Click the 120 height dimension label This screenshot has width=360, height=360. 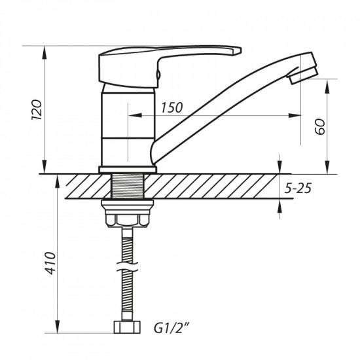click(37, 111)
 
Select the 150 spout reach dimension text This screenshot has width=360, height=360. click(171, 108)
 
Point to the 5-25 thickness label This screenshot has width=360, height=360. click(298, 189)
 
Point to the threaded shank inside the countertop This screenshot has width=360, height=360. click(128, 186)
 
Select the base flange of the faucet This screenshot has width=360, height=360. click(128, 170)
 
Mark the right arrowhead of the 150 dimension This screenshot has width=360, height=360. click(297, 116)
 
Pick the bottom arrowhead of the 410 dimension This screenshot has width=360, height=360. click(56, 325)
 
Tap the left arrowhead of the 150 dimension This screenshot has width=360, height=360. click(128, 116)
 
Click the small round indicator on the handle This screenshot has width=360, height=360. click(158, 80)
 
